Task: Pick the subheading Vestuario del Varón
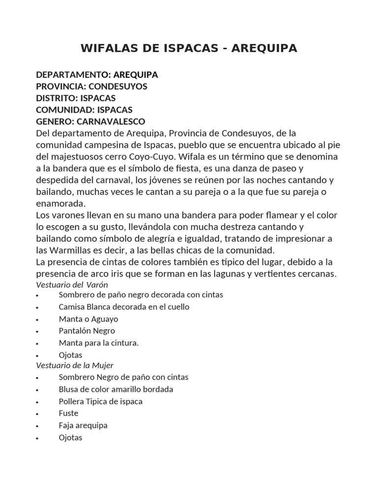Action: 72,284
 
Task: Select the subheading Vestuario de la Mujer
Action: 75,365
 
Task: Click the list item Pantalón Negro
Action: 87,331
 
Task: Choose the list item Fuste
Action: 68,413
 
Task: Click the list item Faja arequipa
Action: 83,425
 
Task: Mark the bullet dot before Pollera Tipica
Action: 38,402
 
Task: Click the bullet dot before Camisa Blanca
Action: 38,308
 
